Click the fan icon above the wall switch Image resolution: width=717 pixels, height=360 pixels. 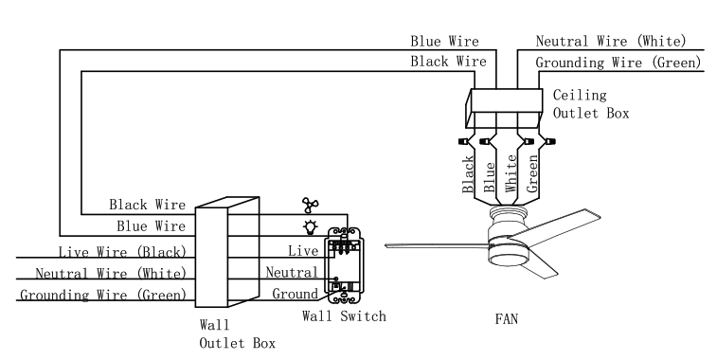tap(310, 206)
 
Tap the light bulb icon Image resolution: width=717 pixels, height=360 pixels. tap(311, 227)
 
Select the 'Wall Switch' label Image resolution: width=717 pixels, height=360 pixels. tap(344, 316)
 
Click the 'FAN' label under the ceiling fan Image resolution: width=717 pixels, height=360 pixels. tap(507, 318)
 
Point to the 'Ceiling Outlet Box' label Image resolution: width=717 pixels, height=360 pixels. tap(591, 104)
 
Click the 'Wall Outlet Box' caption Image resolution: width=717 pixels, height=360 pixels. tap(238, 334)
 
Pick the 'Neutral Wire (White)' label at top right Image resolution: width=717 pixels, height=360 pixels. tap(611, 41)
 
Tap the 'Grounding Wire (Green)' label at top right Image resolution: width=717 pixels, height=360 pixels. tap(618, 63)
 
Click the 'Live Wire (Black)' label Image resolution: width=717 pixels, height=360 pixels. tap(122, 252)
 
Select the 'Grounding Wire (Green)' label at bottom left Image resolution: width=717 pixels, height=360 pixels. tap(103, 295)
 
